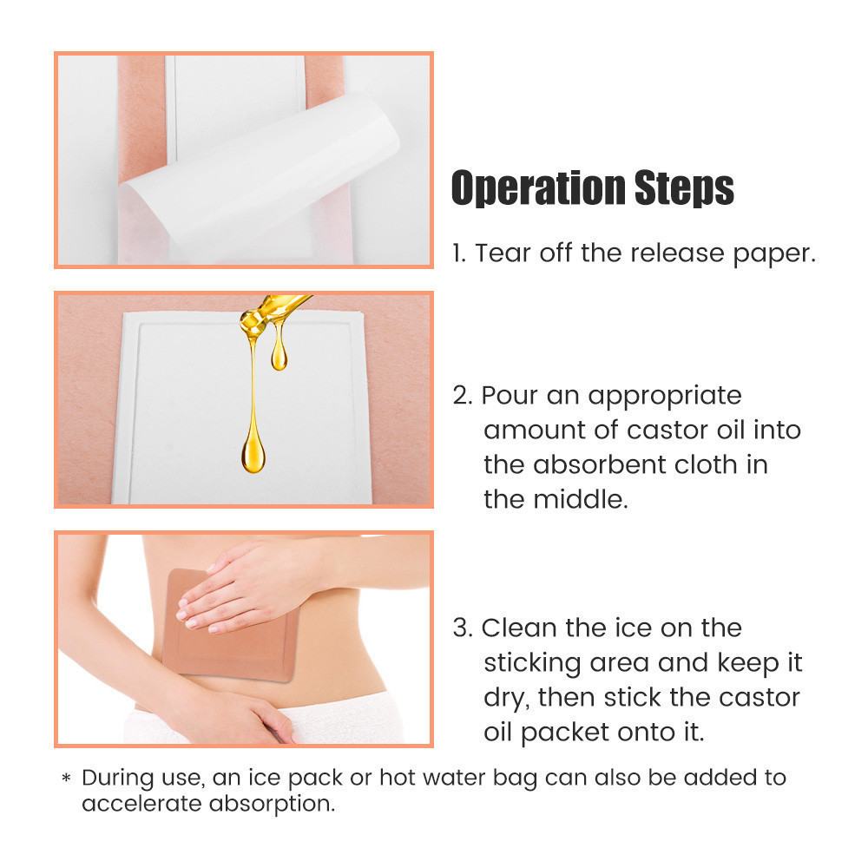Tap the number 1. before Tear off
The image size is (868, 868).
pyautogui.click(x=459, y=253)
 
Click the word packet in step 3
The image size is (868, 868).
pyautogui.click(x=589, y=733)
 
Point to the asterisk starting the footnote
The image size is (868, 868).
pyautogui.click(x=66, y=779)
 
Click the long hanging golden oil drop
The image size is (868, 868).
pyautogui.click(x=253, y=434)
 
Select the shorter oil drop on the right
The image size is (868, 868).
pyautogui.click(x=279, y=352)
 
